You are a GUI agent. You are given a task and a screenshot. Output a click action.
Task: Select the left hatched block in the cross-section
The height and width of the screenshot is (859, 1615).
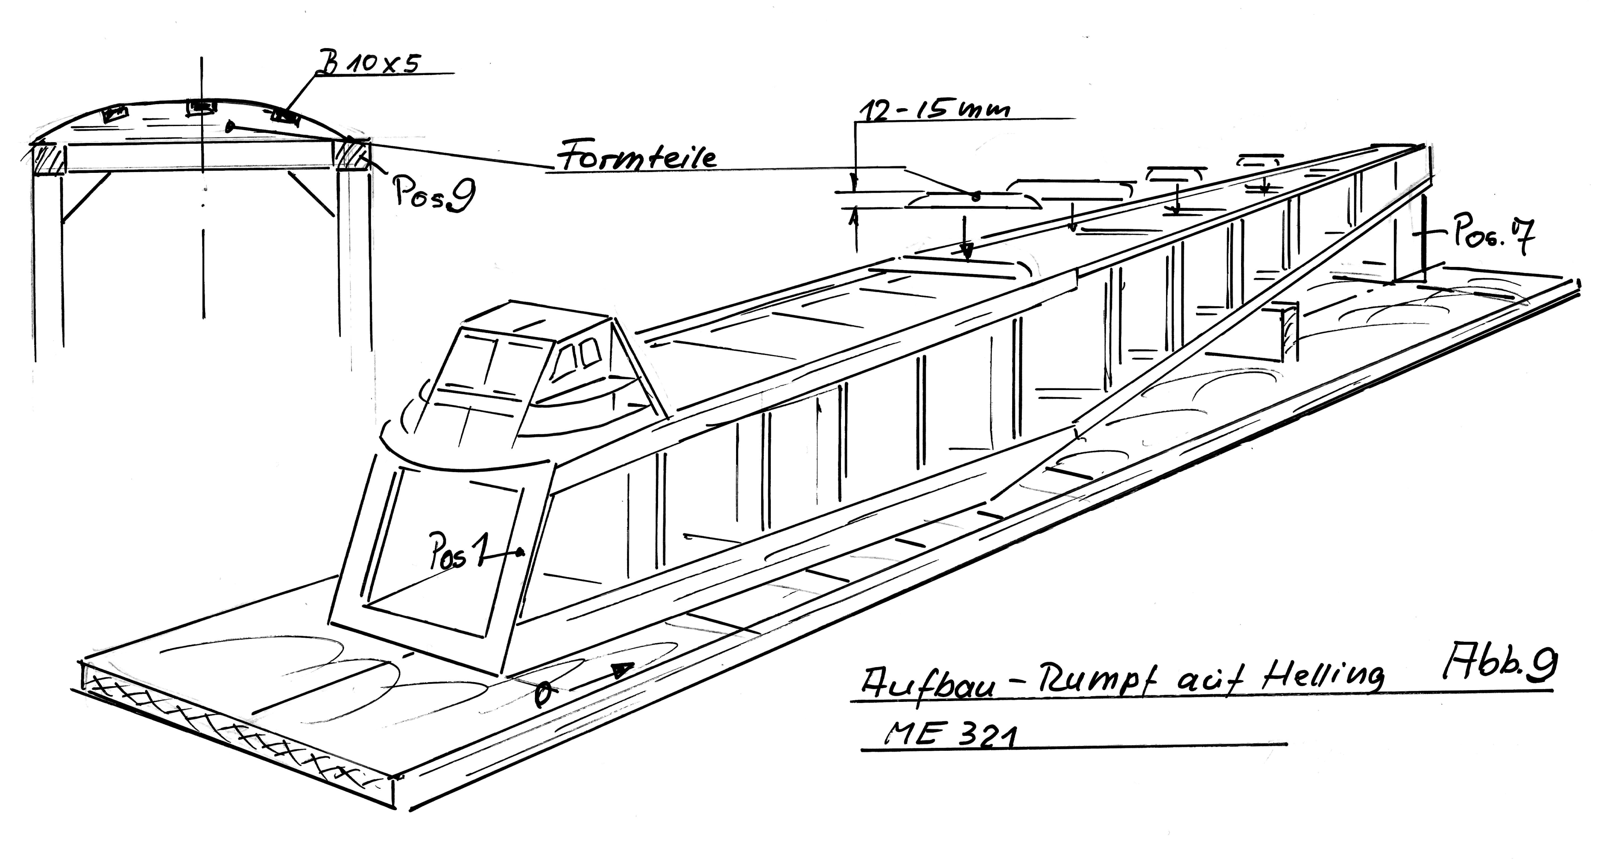pyautogui.click(x=49, y=159)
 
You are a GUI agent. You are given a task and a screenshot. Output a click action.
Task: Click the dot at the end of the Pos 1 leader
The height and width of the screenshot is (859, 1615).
pyautogui.click(x=520, y=552)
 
